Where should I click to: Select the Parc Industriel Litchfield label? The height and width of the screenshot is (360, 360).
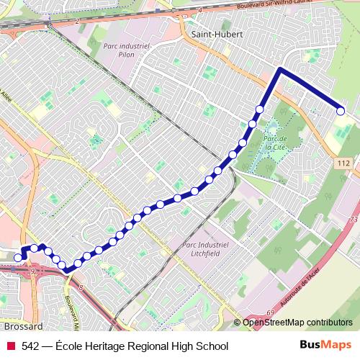pyautogui.click(x=207, y=249)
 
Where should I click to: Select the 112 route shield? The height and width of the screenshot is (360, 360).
pyautogui.click(x=343, y=165)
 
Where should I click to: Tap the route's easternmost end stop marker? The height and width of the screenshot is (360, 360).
pyautogui.click(x=341, y=110)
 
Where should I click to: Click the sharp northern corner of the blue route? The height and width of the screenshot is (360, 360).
pyautogui.click(x=279, y=70)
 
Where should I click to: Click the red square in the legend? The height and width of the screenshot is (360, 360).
pyautogui.click(x=10, y=346)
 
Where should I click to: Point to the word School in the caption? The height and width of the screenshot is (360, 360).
pyautogui.click(x=212, y=346)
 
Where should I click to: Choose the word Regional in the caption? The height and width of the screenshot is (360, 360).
pyautogui.click(x=154, y=346)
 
